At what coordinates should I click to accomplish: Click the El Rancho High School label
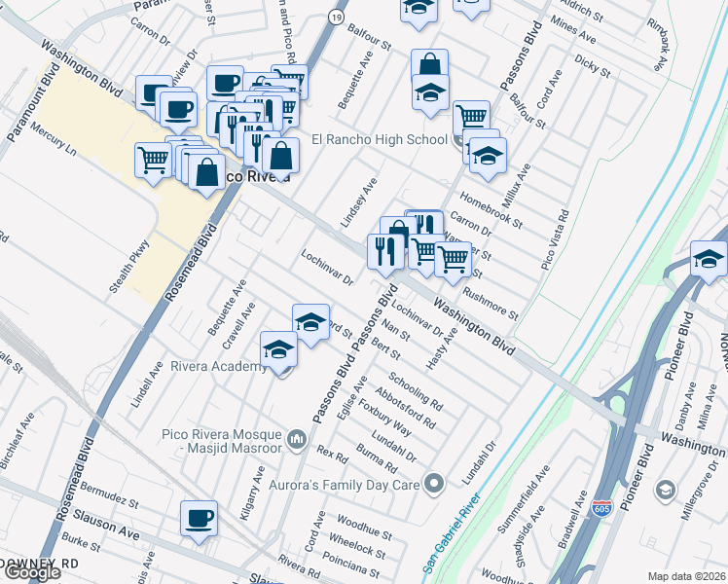coord(379,139)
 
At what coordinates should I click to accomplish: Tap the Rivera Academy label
coord(219,366)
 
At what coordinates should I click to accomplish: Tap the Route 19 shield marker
coord(336,17)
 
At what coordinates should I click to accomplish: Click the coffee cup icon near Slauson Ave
coord(200,518)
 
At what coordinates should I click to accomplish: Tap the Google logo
coord(32,572)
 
